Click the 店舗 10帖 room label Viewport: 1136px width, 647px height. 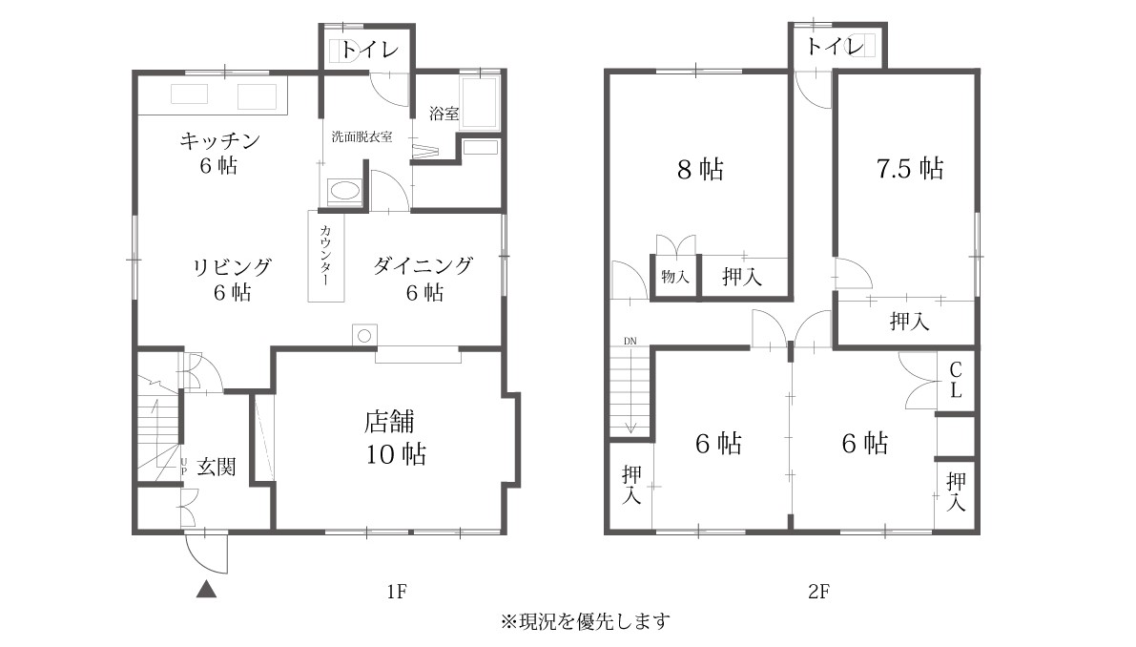(395, 438)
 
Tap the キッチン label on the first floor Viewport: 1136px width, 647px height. (219, 140)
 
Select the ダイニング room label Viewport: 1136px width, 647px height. (423, 266)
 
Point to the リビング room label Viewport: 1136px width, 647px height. (232, 266)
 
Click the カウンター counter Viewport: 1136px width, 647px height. (326, 257)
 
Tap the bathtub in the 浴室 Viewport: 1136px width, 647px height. (479, 103)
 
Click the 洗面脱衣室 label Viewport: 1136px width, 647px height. (361, 136)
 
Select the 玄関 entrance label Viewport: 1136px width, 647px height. (216, 466)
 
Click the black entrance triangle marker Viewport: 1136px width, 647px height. (206, 590)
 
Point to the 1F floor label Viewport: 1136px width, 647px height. (396, 592)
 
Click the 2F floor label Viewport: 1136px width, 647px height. (818, 592)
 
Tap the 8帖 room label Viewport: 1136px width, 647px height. (701, 169)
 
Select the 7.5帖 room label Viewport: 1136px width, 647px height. (910, 168)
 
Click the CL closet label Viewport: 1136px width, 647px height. (956, 381)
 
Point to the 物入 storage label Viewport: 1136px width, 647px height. (674, 276)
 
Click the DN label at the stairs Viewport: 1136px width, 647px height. (630, 342)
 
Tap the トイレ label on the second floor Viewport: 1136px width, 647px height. (836, 47)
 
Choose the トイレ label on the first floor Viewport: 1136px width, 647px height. (369, 50)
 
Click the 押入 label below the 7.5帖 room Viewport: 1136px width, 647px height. (909, 321)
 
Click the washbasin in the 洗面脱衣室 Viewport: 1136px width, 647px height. (344, 192)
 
